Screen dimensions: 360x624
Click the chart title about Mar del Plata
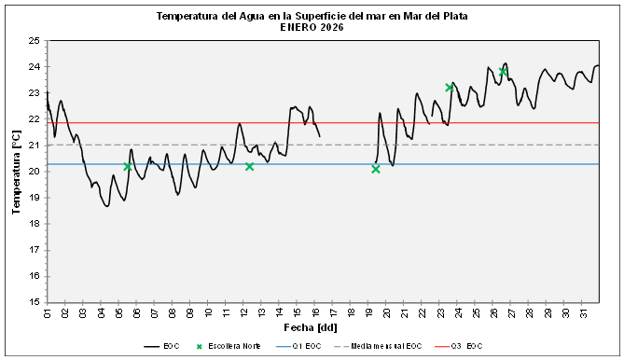[312, 17]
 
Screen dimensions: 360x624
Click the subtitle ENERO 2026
[312, 28]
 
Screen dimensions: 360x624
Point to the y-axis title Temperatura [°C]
[16, 173]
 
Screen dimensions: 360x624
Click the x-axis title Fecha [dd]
[311, 328]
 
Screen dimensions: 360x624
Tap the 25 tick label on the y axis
[35, 41]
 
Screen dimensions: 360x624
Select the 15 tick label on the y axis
[35, 302]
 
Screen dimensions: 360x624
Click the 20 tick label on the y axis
[35, 172]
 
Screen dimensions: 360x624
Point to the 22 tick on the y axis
[35, 119]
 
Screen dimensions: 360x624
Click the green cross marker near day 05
[128, 167]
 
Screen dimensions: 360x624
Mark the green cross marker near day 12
[249, 166]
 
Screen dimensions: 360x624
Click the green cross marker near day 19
[375, 169]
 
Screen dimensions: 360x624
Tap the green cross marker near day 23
[450, 87]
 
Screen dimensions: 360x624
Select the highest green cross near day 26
[503, 71]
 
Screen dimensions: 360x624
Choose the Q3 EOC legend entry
[466, 346]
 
